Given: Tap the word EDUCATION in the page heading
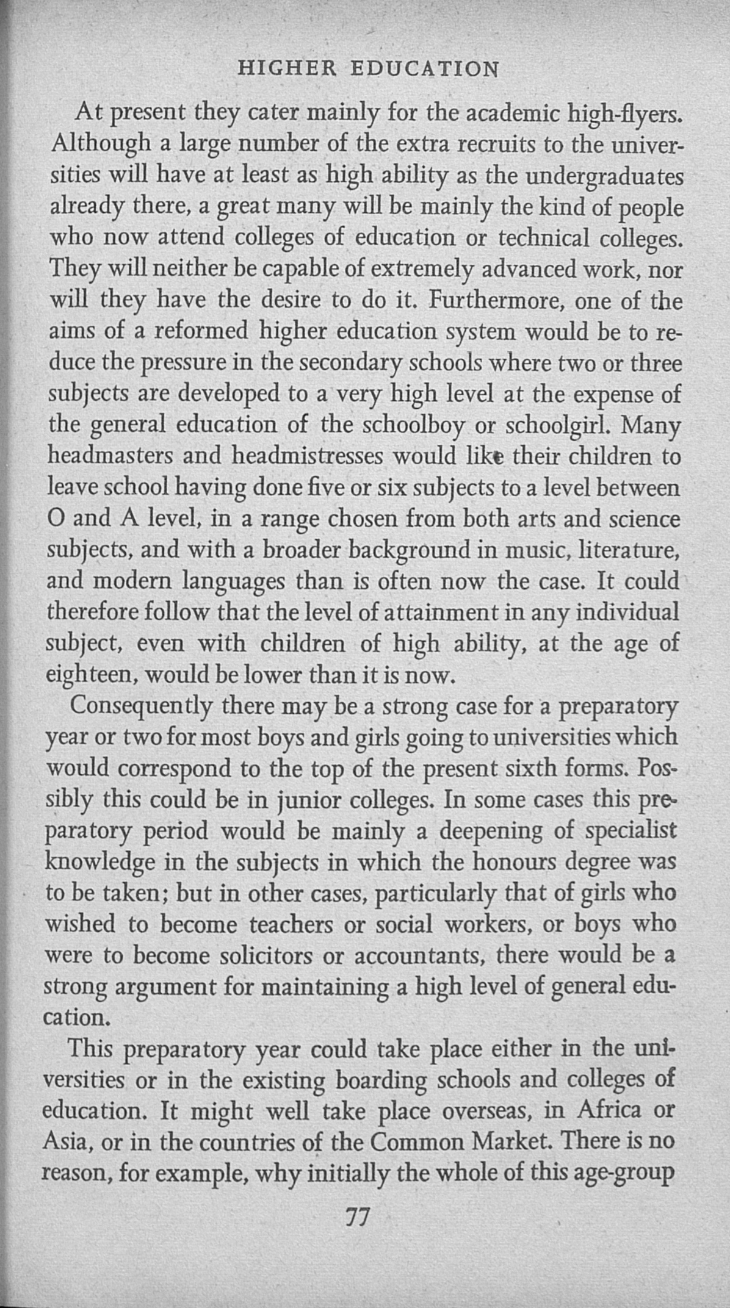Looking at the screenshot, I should tap(425, 68).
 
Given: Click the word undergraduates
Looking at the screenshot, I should tap(604, 176).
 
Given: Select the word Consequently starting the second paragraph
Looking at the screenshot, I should tap(142, 706).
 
